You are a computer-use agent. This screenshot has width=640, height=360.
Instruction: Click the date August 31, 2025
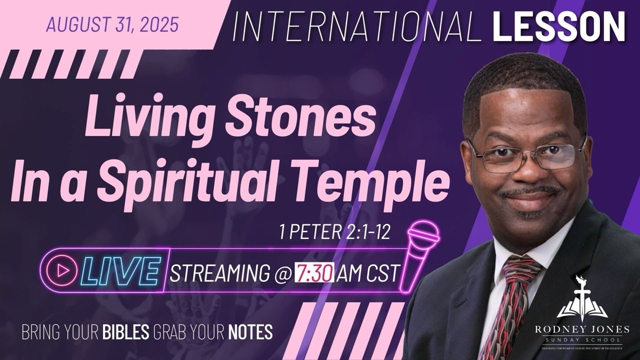[112, 24]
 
